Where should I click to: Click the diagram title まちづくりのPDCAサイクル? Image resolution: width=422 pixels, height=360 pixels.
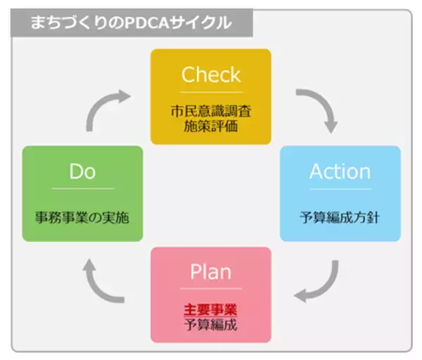click(130, 22)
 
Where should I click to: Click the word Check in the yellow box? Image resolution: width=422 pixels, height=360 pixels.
click(211, 75)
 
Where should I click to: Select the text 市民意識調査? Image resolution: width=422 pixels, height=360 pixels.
click(211, 110)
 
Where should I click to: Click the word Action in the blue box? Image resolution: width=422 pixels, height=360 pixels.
click(340, 172)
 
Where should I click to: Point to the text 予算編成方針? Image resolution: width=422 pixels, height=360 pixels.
click(340, 217)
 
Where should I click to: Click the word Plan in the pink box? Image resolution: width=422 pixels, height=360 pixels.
click(211, 271)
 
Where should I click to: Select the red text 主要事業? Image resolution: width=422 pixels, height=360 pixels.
click(211, 309)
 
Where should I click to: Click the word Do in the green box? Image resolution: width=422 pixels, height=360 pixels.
click(82, 172)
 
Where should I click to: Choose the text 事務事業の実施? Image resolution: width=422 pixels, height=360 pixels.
click(82, 217)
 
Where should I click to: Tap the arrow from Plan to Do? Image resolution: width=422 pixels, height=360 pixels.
click(103, 281)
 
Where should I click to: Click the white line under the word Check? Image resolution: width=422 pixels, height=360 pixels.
click(211, 92)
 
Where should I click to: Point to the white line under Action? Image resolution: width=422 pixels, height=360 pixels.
click(340, 188)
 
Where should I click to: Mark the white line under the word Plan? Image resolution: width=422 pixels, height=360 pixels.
click(211, 288)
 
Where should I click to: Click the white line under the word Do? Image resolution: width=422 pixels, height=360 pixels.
click(82, 188)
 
